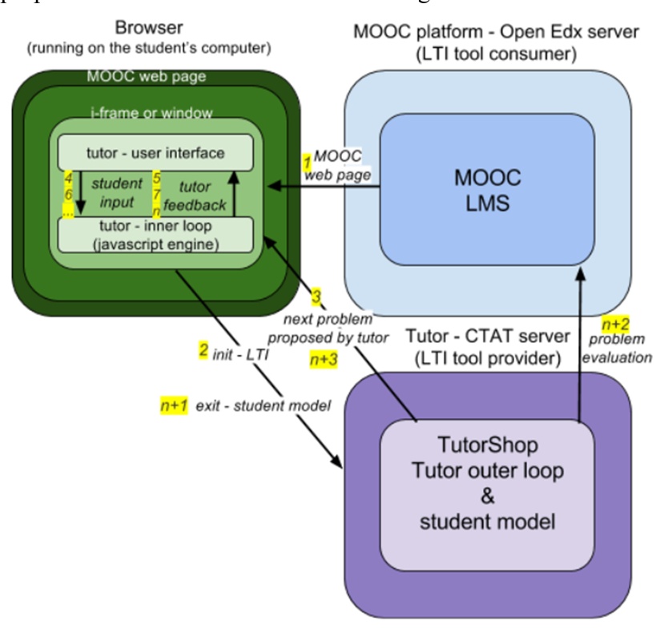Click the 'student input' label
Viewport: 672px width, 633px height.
pyautogui.click(x=112, y=192)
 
